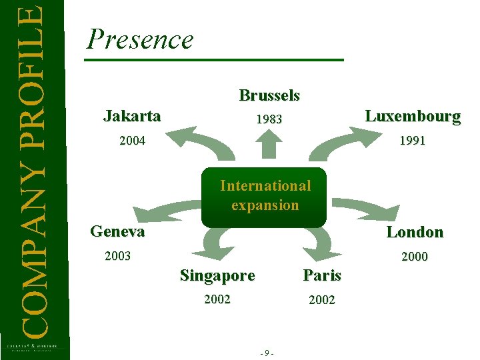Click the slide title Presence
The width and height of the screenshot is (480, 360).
140,39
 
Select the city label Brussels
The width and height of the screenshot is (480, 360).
269,95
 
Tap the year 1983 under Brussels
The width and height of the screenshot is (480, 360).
269,119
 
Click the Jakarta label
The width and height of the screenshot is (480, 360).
132,116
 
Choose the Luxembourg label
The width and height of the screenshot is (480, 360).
413,116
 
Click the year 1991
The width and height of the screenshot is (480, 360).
413,141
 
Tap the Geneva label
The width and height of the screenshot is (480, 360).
117,231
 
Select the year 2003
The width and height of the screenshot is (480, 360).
118,256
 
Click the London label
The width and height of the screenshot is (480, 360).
415,232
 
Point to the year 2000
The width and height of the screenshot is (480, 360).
415,257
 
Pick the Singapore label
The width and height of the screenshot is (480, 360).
217,275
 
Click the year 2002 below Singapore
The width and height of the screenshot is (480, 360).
217,299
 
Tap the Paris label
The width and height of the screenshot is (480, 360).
322,275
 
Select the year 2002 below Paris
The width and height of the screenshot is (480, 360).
322,300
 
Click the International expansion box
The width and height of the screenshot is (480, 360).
265,195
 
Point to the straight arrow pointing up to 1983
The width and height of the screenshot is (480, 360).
269,144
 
